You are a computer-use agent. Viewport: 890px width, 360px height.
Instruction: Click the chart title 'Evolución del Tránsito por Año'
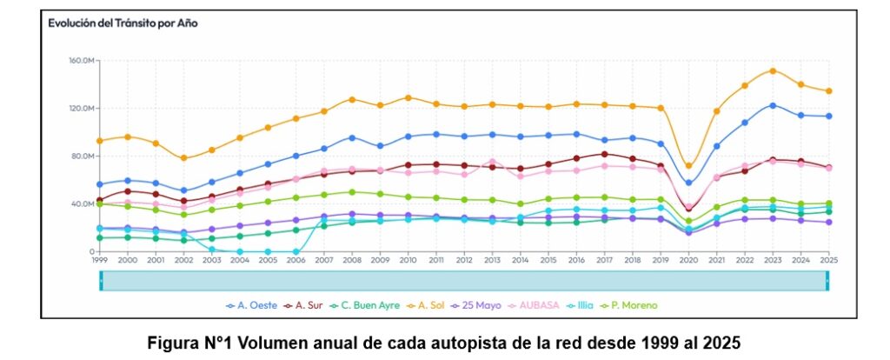click(x=123, y=23)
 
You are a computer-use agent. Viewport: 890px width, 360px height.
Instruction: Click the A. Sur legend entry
click(x=309, y=306)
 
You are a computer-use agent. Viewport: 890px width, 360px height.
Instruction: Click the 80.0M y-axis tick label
click(x=79, y=157)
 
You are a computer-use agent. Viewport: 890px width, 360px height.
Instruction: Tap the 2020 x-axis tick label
click(x=689, y=259)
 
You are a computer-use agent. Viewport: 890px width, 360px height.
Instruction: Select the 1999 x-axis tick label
click(x=100, y=259)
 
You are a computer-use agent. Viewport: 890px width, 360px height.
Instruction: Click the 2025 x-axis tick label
click(x=828, y=259)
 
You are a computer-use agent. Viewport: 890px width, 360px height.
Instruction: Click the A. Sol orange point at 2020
click(x=689, y=166)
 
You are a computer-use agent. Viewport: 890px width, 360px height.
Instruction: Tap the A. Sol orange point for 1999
click(x=100, y=141)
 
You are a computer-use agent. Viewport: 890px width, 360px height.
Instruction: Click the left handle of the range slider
click(x=101, y=280)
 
